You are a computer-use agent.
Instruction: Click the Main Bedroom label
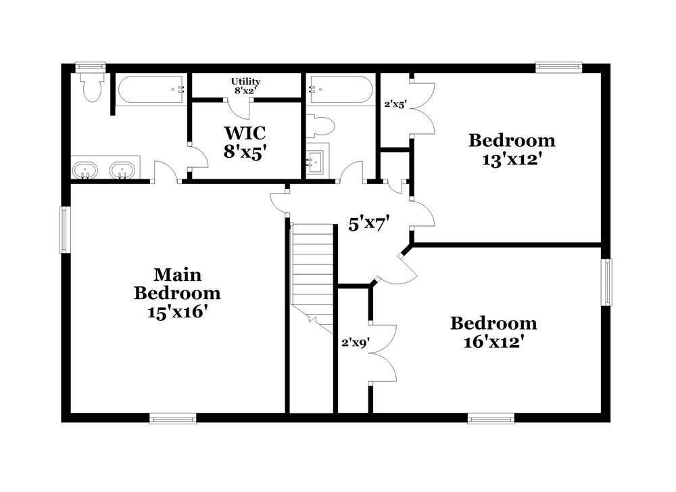177,293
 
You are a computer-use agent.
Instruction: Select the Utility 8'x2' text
245,86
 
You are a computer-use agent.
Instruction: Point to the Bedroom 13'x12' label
512,150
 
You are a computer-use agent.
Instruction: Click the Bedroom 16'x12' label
493,332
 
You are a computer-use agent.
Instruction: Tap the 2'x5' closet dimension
395,105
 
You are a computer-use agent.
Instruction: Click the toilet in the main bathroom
91,87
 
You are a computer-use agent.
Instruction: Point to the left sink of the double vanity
84,169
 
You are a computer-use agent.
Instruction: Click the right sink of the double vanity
122,169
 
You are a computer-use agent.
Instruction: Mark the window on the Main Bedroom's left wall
65,229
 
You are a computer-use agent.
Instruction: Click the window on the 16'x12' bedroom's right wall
607,282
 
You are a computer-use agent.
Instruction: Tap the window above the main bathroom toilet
91,66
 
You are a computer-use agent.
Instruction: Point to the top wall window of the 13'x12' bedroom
559,66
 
